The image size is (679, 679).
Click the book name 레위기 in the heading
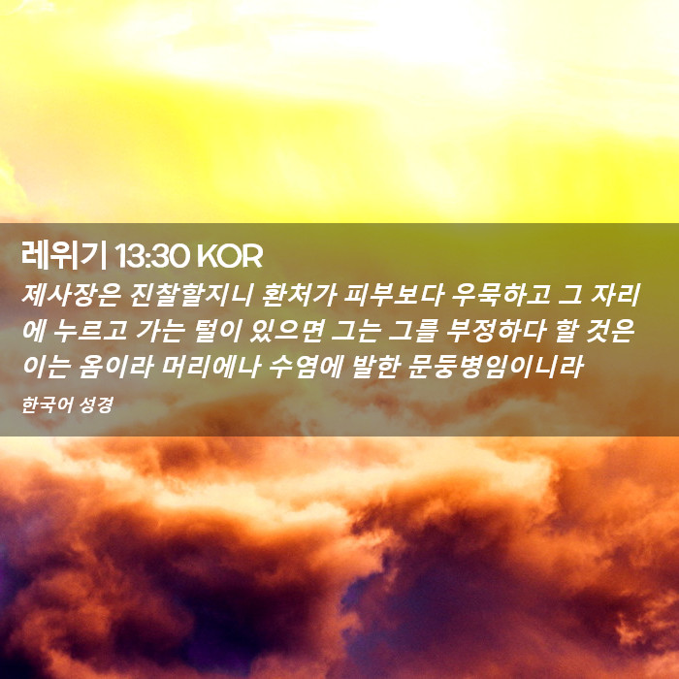[x=64, y=256]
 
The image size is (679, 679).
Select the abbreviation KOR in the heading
[x=230, y=256]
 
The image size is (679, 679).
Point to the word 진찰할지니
[x=191, y=295]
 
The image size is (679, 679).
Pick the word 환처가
[x=299, y=295]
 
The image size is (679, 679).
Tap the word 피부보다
[x=394, y=295]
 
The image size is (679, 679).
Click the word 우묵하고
[x=501, y=295]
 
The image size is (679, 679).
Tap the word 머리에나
[x=210, y=367]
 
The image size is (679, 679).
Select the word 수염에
[x=306, y=367]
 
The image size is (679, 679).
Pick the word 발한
[x=375, y=367]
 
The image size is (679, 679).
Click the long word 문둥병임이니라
[x=495, y=367]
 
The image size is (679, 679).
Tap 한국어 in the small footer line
[x=42, y=405]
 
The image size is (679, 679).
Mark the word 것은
[x=610, y=331]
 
